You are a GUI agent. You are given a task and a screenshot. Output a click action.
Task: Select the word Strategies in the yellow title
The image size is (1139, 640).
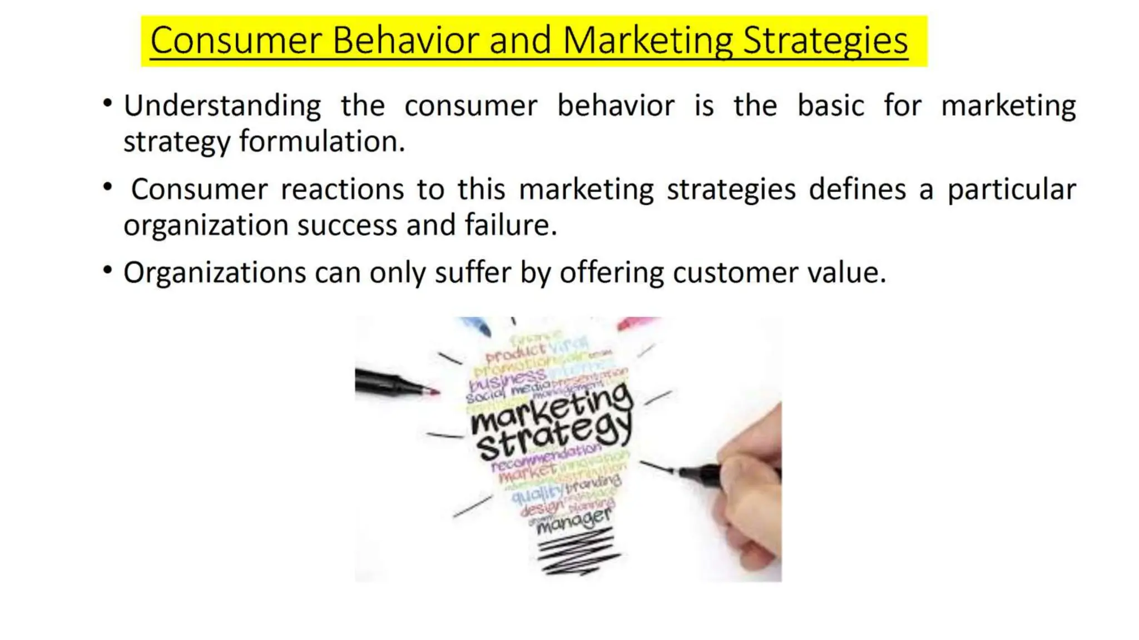point(825,40)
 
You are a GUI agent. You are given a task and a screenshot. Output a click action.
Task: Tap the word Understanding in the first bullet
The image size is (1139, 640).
point(222,106)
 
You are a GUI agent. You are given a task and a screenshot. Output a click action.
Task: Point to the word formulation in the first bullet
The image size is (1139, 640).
point(322,141)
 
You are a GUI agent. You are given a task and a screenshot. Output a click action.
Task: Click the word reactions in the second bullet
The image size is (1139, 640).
point(342,189)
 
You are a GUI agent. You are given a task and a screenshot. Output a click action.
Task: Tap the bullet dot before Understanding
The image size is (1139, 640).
point(107,103)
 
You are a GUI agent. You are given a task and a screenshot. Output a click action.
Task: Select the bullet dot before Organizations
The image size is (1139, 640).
point(107,271)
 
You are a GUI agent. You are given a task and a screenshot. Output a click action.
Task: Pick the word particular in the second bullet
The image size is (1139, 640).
point(1012,189)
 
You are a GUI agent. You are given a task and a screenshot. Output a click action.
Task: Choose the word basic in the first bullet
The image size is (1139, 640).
point(830,106)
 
